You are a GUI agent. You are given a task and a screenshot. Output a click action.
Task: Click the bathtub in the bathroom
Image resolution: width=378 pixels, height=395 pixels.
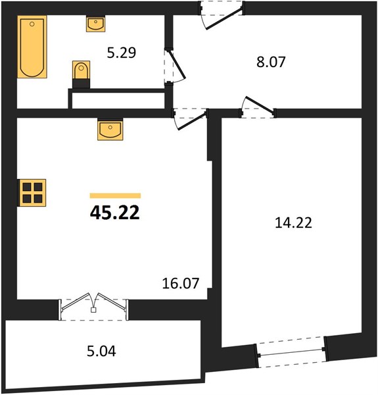click(32, 47)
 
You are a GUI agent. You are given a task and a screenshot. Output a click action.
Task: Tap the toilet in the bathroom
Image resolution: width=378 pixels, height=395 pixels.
click(81, 70)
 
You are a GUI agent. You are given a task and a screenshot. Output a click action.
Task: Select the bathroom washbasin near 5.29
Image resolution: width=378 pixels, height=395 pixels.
click(95, 24)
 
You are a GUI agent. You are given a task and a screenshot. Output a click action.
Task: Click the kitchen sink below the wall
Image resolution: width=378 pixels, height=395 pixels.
click(110, 130)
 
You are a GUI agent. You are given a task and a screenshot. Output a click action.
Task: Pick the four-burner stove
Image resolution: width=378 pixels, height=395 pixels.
click(32, 193)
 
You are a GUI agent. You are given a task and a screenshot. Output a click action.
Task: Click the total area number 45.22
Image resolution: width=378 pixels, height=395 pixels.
click(114, 213)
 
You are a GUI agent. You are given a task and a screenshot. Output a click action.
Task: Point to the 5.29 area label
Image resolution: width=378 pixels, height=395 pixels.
click(122, 53)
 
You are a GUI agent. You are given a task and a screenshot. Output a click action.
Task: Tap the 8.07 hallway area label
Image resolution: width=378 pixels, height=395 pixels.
click(271, 62)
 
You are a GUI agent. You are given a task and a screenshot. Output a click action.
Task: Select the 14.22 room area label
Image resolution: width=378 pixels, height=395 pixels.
click(293, 223)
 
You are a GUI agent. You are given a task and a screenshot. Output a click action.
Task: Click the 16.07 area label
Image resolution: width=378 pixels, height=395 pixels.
click(181, 283)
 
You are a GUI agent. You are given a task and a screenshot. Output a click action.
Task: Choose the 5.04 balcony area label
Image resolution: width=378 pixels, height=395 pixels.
click(101, 351)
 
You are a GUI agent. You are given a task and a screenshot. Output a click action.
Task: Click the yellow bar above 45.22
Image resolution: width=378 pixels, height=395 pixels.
click(115, 196)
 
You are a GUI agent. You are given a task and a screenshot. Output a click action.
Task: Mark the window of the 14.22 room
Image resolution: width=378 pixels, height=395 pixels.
click(291, 352)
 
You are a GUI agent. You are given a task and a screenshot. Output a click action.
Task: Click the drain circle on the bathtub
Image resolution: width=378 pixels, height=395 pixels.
click(32, 24)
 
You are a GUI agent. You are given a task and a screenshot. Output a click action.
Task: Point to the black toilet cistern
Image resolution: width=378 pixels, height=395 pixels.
click(81, 83)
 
